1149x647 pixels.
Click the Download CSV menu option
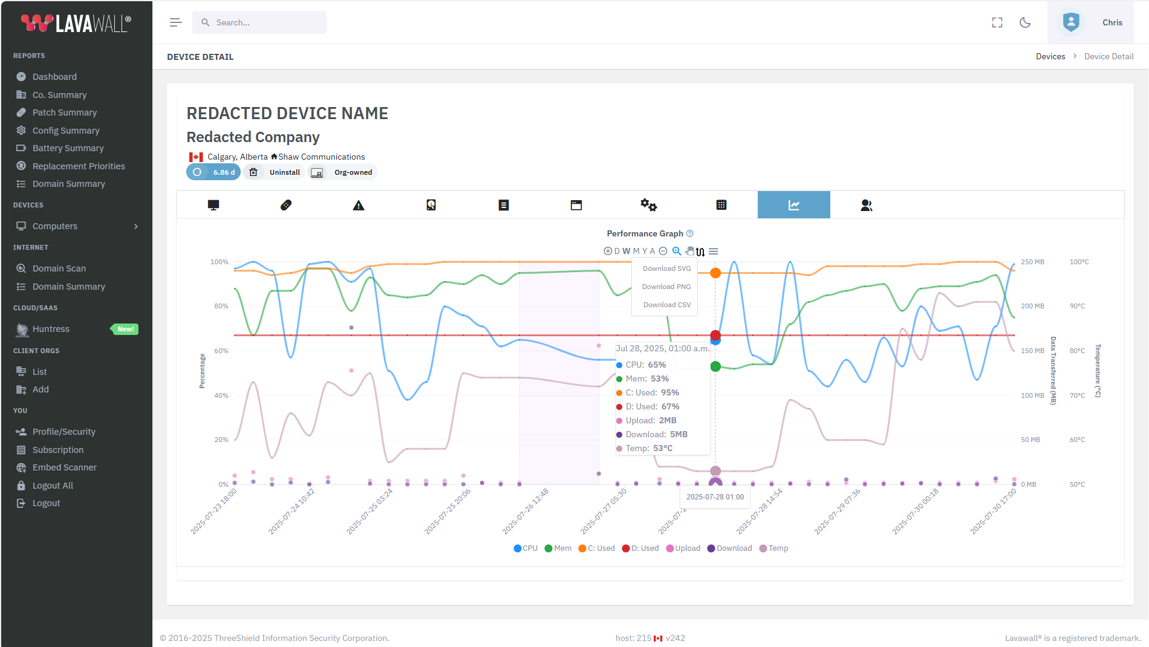click(x=666, y=305)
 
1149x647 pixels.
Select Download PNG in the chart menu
click(x=666, y=287)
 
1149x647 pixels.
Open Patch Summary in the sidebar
click(x=64, y=112)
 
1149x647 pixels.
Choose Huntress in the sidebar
click(x=51, y=329)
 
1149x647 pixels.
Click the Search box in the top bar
click(x=259, y=22)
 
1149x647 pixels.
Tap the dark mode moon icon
click(x=1025, y=22)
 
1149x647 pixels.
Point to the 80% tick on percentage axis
click(x=221, y=306)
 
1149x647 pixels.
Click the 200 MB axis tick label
click(x=1032, y=306)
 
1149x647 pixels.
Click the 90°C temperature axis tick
click(x=1077, y=306)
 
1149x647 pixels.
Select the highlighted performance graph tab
click(x=793, y=205)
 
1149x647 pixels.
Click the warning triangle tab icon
click(x=359, y=206)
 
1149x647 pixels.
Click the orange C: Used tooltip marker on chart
click(x=715, y=273)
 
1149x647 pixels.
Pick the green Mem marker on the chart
click(x=715, y=366)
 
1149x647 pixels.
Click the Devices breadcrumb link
click(x=1050, y=56)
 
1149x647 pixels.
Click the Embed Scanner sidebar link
click(x=64, y=467)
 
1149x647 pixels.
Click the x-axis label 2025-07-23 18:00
click(x=214, y=512)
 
